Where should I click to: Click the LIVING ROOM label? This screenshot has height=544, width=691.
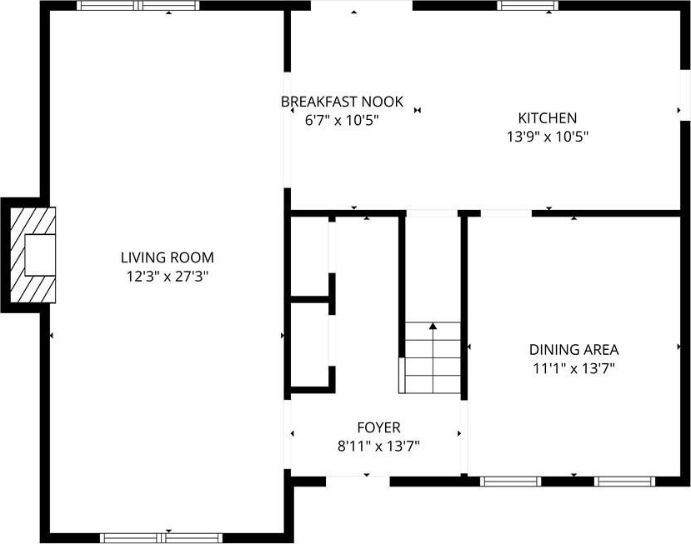tap(167, 257)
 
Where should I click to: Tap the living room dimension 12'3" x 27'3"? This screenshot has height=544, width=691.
tap(168, 277)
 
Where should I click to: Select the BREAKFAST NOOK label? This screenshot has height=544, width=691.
tap(342, 102)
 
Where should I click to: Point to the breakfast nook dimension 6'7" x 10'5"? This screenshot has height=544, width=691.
tap(342, 120)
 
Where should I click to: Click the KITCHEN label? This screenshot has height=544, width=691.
tap(548, 118)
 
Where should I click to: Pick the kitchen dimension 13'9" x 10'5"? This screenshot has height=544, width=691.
tap(548, 137)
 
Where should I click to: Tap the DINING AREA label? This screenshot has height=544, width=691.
tap(573, 350)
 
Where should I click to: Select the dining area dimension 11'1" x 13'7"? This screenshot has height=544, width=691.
tap(573, 368)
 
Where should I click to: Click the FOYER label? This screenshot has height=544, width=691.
tap(379, 427)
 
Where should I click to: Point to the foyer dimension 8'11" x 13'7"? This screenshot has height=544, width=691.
tap(378, 447)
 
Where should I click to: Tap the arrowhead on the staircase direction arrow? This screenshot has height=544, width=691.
tap(433, 327)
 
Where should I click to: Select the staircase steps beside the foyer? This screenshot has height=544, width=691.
tap(429, 357)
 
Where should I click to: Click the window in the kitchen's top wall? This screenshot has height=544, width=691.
tap(528, 6)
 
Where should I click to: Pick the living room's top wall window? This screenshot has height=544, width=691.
tap(138, 6)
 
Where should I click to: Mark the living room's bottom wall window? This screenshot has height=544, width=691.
tap(162, 538)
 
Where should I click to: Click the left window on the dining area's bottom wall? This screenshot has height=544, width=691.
tap(510, 482)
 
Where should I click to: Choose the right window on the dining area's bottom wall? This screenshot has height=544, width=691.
tap(624, 482)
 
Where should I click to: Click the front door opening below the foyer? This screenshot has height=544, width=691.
tap(358, 482)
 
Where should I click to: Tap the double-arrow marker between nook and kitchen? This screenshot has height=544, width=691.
tap(418, 110)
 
